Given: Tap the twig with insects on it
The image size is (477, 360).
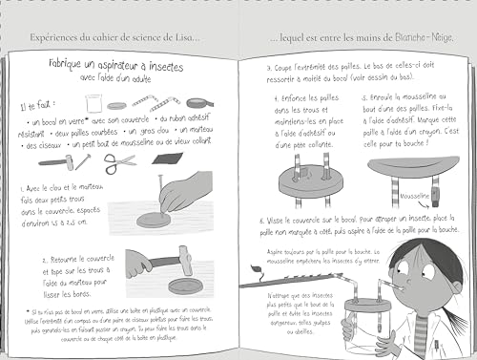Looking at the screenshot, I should [315, 280].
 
